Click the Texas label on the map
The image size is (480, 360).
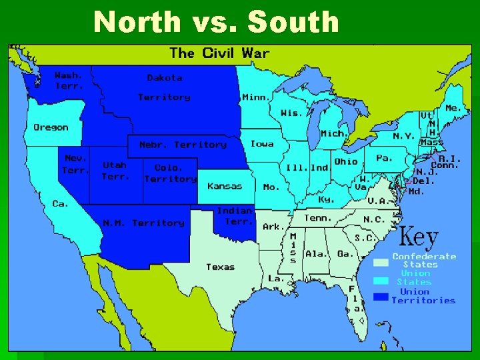[220, 267]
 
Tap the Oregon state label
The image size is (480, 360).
[51, 127]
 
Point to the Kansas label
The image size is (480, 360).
[225, 186]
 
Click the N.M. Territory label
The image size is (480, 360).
[143, 223]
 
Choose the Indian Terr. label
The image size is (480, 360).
[235, 215]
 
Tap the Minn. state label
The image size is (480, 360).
[256, 97]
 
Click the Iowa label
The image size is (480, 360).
[262, 144]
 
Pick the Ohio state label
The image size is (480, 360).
[345, 161]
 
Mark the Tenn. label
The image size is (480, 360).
[318, 218]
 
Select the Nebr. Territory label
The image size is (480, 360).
[183, 145]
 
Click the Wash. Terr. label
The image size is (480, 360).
[69, 81]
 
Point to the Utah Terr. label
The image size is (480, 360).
[114, 171]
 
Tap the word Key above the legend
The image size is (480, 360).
[419, 238]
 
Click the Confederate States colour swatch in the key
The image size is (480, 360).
[381, 263]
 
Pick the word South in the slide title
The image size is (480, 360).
[293, 22]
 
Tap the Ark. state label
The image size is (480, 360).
[273, 227]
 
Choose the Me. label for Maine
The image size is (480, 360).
[453, 108]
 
